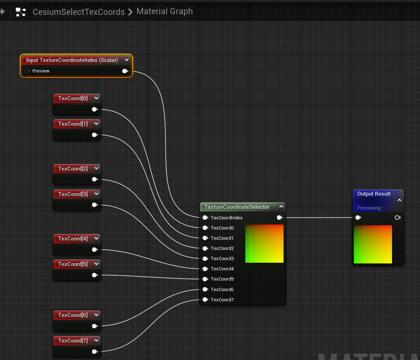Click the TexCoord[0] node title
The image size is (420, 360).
pos(73,98)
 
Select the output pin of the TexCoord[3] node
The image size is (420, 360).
pos(95,205)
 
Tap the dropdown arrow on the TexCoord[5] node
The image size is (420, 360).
pos(96,264)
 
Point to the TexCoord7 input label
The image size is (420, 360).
pos(222,300)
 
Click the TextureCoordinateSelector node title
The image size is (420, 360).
pos(237,207)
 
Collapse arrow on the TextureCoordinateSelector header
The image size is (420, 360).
pos(281,207)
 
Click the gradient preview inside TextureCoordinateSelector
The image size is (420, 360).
pos(264,243)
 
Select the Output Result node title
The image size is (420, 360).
pos(374,194)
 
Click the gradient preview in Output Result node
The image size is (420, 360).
pos(373,244)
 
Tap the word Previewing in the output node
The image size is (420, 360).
pos(369,208)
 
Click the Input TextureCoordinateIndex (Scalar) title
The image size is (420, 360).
pos(72,60)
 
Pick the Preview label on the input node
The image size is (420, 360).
pos(41,71)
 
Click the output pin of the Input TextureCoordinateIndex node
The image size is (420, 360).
pos(125,71)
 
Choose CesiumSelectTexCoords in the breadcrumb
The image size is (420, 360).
pos(79,12)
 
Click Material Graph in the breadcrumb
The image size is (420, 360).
pos(165,12)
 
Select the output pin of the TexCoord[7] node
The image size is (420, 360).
pos(95,352)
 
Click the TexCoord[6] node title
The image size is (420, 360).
pos(73,315)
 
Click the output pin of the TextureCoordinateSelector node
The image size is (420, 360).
pos(279,218)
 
